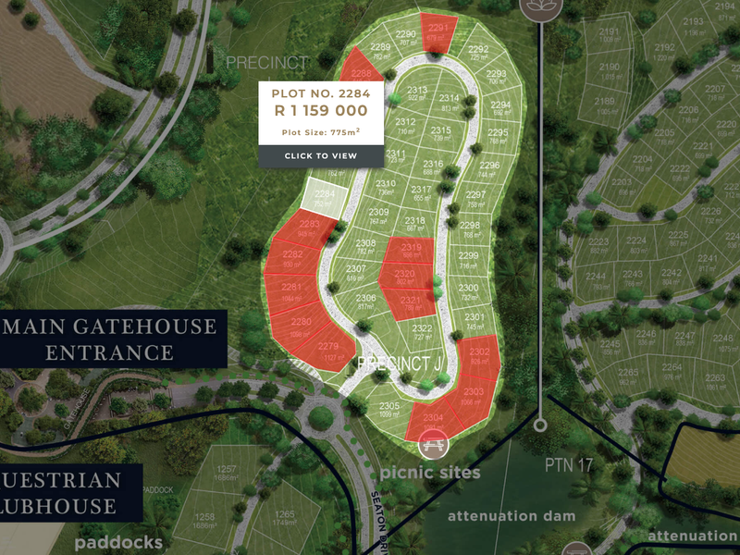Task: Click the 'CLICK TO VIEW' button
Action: tap(321, 155)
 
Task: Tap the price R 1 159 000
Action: tap(321, 110)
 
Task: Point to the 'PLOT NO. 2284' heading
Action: tap(321, 92)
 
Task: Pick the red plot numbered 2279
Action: tap(330, 351)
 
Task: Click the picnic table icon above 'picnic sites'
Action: tap(431, 447)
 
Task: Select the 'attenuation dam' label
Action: tap(511, 515)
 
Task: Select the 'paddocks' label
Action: tap(118, 542)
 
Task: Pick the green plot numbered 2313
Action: tap(417, 94)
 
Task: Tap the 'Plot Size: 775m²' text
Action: tap(321, 132)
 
